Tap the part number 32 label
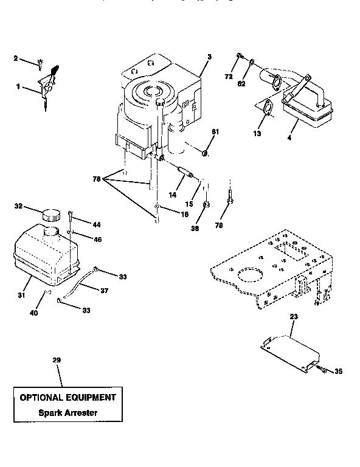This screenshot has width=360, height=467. coord(18,207)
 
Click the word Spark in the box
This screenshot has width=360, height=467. coord(46,413)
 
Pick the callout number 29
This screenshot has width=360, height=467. coord(57,361)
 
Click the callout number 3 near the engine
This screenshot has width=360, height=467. coord(209,57)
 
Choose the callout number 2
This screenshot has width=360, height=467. coord(16,58)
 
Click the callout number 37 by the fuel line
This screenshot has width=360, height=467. coord(104,290)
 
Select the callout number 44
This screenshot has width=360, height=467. coord(96,224)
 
